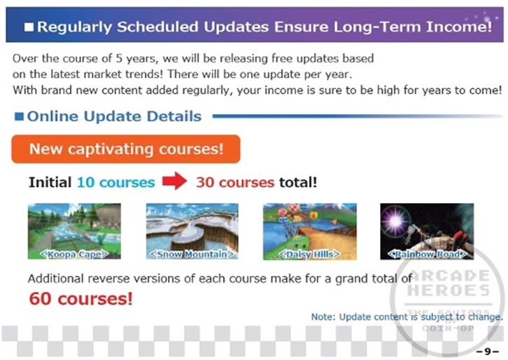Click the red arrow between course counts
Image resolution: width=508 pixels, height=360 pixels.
point(175,181)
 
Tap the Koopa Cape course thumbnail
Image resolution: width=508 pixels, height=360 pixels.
point(74,231)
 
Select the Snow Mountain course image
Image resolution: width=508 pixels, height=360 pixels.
point(192,231)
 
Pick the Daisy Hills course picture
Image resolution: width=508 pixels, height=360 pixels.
point(310,232)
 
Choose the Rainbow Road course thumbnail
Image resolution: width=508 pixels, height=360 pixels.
point(427,232)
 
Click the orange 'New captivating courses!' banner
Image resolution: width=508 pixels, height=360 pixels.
point(126,149)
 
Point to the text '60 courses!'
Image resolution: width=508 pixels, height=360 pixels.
point(80,298)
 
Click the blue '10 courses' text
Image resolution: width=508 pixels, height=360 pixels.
point(115,182)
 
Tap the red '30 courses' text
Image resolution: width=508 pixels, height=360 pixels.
point(235,182)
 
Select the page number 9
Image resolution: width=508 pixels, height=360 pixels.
point(488,352)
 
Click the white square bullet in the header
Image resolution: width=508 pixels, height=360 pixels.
point(29,27)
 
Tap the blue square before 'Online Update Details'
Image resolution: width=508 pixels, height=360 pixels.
point(19,116)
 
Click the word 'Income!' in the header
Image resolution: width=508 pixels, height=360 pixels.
point(459,27)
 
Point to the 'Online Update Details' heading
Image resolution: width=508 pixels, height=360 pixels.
point(114,116)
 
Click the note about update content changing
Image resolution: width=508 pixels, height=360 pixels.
point(407,317)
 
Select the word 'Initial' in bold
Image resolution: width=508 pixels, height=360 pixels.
point(50,182)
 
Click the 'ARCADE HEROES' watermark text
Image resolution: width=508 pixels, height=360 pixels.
point(449,283)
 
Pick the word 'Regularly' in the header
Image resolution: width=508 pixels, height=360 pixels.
point(74,27)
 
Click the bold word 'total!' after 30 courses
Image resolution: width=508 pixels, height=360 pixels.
point(298,182)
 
